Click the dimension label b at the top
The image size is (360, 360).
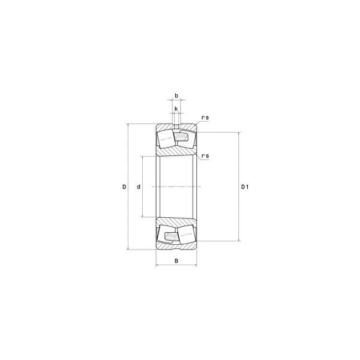[x=176, y=95]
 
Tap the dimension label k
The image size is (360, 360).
[x=176, y=109]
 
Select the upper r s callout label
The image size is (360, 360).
[x=205, y=118]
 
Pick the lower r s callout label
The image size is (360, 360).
[x=205, y=156]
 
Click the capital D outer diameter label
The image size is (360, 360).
[x=124, y=187]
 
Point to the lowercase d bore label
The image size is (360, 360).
[x=139, y=187]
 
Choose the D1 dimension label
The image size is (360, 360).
[x=245, y=187]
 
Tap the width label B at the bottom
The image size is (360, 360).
[x=176, y=261]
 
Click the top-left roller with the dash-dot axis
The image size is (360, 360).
[x=166, y=139]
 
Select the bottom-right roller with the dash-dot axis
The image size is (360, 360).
[x=187, y=235]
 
